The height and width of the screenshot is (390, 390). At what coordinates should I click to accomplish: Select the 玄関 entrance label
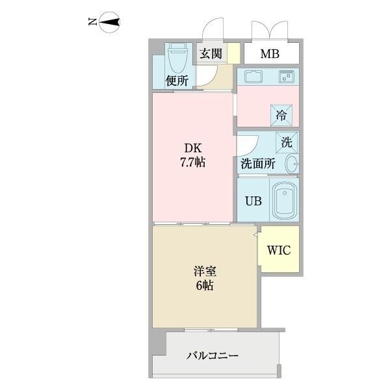[x=211, y=54]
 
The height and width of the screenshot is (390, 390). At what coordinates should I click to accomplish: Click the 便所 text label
[x=176, y=81]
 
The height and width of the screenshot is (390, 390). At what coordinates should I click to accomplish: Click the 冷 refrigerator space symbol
[x=281, y=116]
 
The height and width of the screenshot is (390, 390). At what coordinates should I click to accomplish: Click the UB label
[x=253, y=201]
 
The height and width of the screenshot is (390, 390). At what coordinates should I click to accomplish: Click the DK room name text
[x=192, y=146]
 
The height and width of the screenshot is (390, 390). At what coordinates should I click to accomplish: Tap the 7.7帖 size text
[x=192, y=162]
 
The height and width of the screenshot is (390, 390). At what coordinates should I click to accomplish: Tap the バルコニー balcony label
[x=213, y=356]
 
